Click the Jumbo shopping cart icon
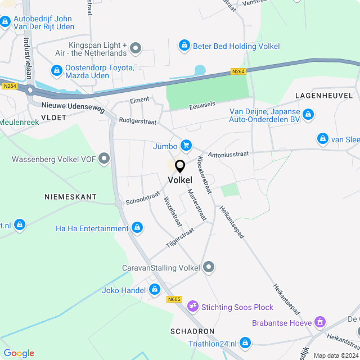coord(186,146)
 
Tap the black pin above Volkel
coord(180,166)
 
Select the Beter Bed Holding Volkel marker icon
coord(184,46)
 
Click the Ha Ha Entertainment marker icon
coord(137,228)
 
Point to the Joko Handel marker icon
coord(155,290)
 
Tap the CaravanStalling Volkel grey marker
coord(209,267)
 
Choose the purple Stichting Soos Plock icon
coord(193,307)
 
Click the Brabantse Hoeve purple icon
coord(320,323)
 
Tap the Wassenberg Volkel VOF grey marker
coord(103,159)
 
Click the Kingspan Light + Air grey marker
coord(136,49)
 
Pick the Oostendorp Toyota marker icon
coord(56,71)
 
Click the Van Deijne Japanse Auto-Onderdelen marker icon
coord(308,115)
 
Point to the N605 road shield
coord(174,299)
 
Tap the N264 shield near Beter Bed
coord(238,71)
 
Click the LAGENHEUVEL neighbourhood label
coord(323,96)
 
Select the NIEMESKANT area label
coord(70,197)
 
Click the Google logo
coord(19,353)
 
